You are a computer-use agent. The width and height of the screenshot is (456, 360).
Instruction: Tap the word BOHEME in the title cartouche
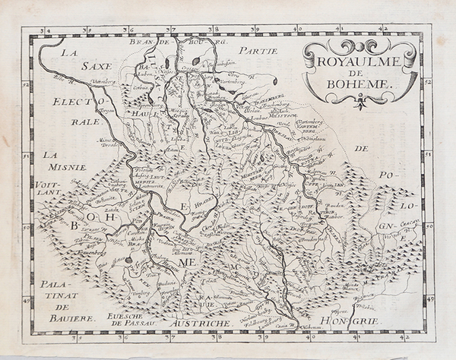point(359,84)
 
